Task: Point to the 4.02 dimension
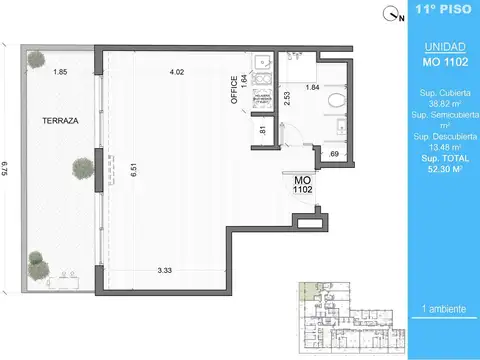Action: [177, 72]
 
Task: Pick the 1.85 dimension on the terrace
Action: [61, 72]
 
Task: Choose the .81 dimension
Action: [262, 129]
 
